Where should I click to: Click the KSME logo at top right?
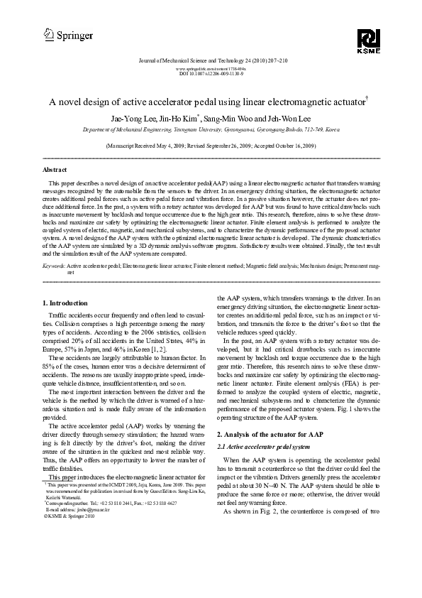370,40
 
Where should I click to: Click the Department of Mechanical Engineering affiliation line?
211,131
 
